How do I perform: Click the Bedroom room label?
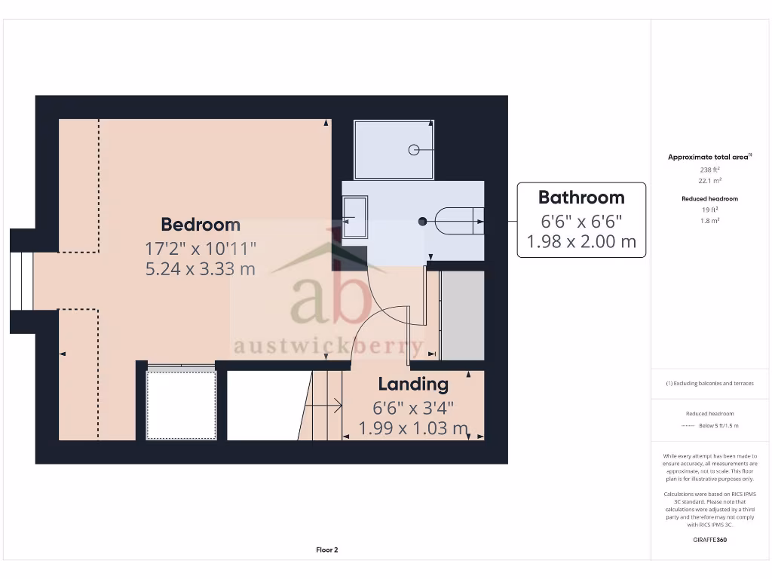click(201, 224)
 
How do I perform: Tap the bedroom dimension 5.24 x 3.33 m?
click(201, 268)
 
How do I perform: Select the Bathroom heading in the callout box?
click(581, 198)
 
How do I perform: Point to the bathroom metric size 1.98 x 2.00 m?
click(581, 241)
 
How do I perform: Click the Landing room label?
click(413, 384)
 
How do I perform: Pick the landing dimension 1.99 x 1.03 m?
click(413, 428)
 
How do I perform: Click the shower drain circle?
click(414, 149)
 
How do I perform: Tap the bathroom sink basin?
click(354, 218)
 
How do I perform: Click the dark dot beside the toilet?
click(422, 221)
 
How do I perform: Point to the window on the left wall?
click(21, 280)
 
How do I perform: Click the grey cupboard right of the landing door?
click(461, 315)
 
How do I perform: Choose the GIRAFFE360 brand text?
click(709, 540)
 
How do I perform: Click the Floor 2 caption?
click(327, 550)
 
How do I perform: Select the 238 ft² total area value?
click(709, 170)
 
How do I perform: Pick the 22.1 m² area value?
click(709, 181)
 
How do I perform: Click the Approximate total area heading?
click(709, 157)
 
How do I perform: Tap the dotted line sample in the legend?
click(686, 426)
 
